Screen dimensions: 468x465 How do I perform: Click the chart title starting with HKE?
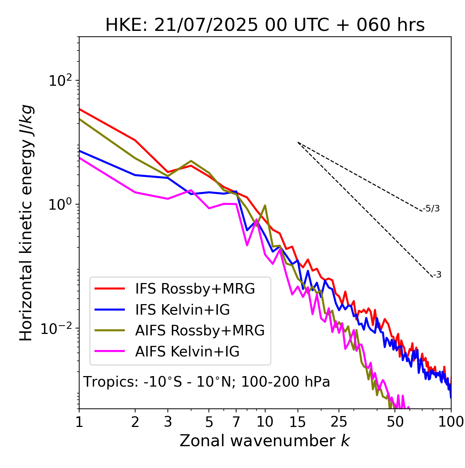(265, 25)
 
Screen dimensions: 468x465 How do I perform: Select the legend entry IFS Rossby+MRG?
(195, 289)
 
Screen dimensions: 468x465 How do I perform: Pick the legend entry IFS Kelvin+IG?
(182, 310)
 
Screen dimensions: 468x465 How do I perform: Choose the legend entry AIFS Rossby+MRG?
(200, 331)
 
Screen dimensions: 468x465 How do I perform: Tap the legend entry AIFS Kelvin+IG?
(187, 352)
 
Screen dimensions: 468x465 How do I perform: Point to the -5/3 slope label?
(431, 209)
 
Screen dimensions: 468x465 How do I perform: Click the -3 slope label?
(437, 275)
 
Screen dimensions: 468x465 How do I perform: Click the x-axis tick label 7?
(236, 422)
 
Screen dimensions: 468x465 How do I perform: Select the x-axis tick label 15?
(298, 422)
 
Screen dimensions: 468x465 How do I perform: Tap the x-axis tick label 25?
(339, 422)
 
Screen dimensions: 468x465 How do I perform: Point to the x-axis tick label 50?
(395, 422)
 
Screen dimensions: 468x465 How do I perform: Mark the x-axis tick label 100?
(451, 422)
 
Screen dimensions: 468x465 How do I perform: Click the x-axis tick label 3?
(168, 422)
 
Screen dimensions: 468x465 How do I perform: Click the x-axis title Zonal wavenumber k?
(264, 441)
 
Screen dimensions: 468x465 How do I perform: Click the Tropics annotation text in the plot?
(206, 382)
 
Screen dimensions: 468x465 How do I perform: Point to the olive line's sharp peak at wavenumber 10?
(265, 205)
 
